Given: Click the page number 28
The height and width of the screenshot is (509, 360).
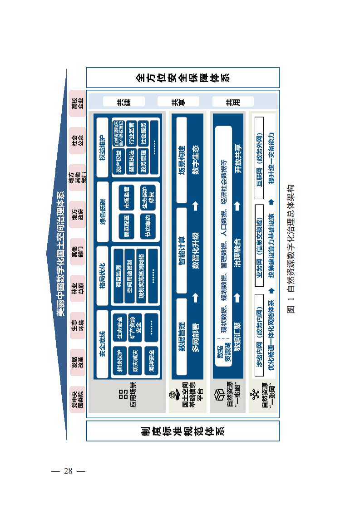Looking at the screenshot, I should pyautogui.click(x=68, y=470).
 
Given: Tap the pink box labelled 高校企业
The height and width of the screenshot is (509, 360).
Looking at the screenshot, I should pyautogui.click(x=77, y=103).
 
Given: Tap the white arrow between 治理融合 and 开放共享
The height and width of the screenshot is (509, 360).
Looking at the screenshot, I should pyautogui.click(x=237, y=207).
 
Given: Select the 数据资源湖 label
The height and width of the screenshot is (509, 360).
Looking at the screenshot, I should pyautogui.click(x=222, y=354).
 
